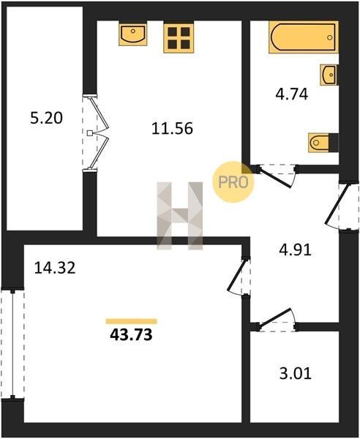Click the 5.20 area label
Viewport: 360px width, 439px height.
point(46,118)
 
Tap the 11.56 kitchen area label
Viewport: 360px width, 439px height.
point(172,129)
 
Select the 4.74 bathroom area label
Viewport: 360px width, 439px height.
point(292,94)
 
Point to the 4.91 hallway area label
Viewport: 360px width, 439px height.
point(295,249)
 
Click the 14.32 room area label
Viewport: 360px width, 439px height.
point(55,267)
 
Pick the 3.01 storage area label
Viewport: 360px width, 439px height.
point(296,373)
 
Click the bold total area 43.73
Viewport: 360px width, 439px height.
point(131,334)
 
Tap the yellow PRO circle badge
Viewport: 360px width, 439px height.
point(233,182)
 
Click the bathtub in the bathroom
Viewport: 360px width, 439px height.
point(304,37)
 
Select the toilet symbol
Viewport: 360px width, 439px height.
point(323,143)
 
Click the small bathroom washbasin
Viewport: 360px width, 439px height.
point(329,75)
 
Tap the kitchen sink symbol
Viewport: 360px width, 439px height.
point(132,34)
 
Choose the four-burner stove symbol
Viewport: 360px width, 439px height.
point(179,38)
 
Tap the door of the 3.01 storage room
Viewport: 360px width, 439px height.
point(277,319)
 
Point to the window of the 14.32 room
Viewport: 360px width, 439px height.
point(12,345)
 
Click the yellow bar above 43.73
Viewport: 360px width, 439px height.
point(131,321)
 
